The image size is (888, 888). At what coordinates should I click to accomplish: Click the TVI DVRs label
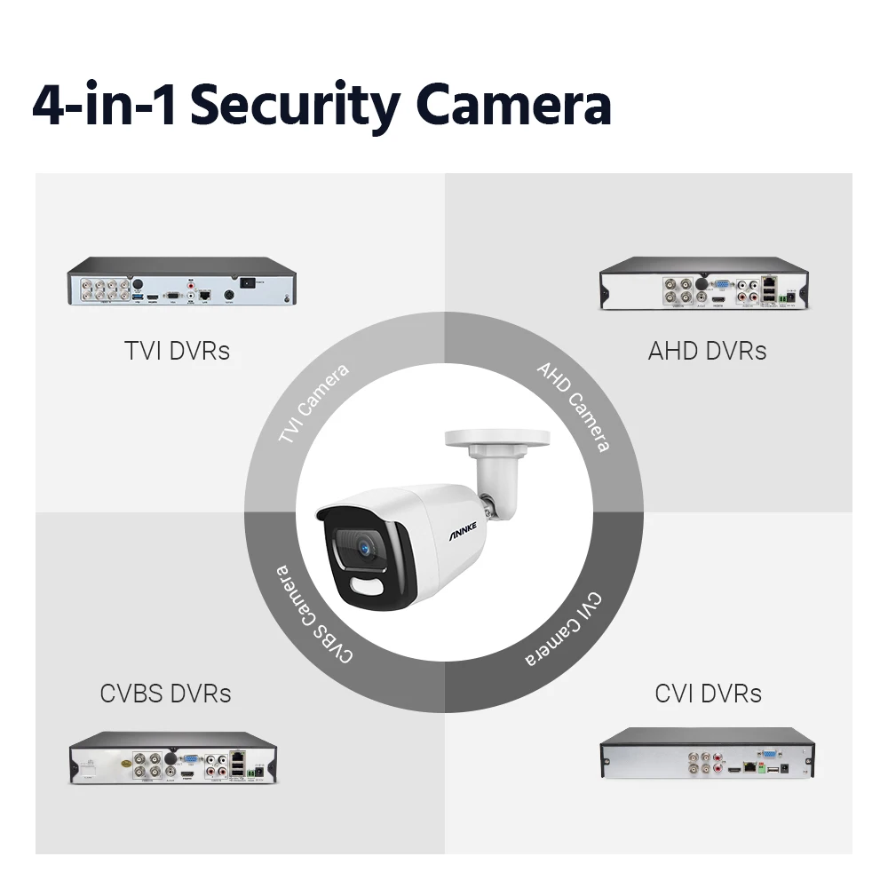(x=177, y=351)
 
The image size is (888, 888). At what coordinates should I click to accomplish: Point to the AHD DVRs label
(x=707, y=351)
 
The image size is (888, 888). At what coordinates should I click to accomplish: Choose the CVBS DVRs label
(x=166, y=693)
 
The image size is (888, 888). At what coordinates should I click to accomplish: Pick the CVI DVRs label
(x=708, y=693)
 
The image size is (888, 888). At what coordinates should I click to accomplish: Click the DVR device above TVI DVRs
(x=181, y=281)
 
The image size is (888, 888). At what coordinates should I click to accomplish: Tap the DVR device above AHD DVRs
(x=707, y=285)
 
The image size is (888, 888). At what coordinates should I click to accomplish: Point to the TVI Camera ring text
(x=313, y=404)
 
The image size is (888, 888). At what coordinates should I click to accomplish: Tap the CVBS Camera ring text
(x=313, y=613)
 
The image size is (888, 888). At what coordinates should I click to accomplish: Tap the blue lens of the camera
(x=363, y=551)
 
